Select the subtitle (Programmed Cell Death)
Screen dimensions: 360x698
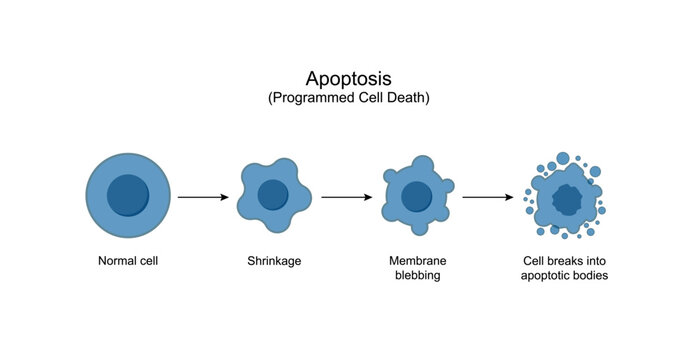pyautogui.click(x=349, y=98)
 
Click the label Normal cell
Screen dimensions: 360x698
pyautogui.click(x=128, y=262)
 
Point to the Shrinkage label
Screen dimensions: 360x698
pyautogui.click(x=274, y=262)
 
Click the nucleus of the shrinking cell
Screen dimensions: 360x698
pyautogui.click(x=273, y=195)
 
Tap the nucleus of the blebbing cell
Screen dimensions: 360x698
pyautogui.click(x=416, y=196)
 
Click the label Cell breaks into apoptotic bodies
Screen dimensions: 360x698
pyautogui.click(x=565, y=269)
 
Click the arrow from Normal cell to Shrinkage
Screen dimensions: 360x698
pyautogui.click(x=203, y=197)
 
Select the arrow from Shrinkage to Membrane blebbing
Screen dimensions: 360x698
pyautogui.click(x=346, y=197)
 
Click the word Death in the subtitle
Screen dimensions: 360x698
pyautogui.click(x=411, y=98)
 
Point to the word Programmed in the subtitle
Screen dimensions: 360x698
pyautogui.click(x=310, y=98)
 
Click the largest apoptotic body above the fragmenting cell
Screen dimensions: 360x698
pyautogui.click(x=563, y=158)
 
